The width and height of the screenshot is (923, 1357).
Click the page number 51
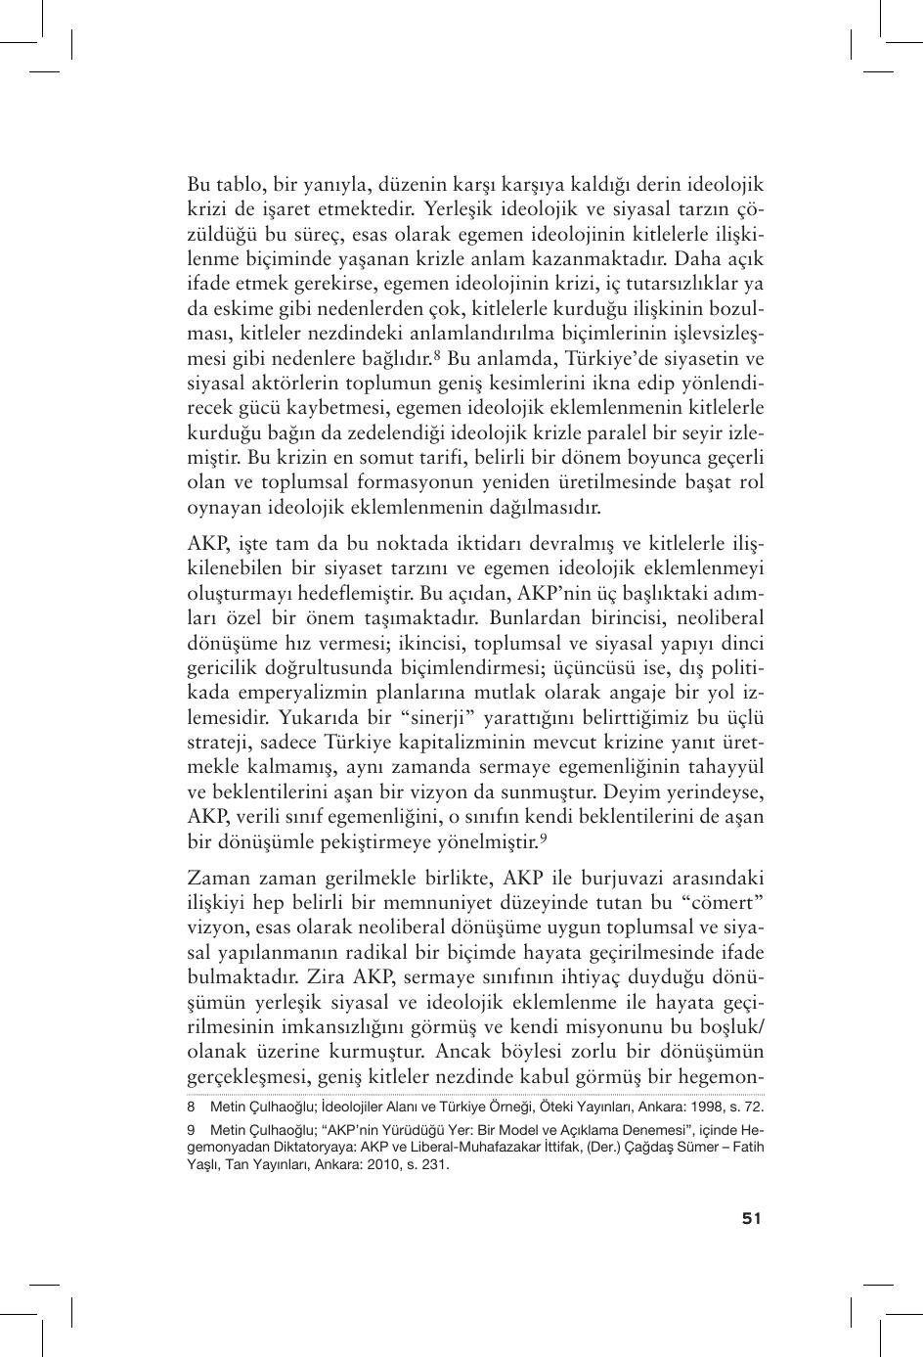(x=751, y=1218)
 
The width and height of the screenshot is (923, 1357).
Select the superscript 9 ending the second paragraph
(x=543, y=837)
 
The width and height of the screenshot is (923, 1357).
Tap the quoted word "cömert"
(x=726, y=900)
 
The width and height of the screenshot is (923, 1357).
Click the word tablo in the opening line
(x=235, y=183)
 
